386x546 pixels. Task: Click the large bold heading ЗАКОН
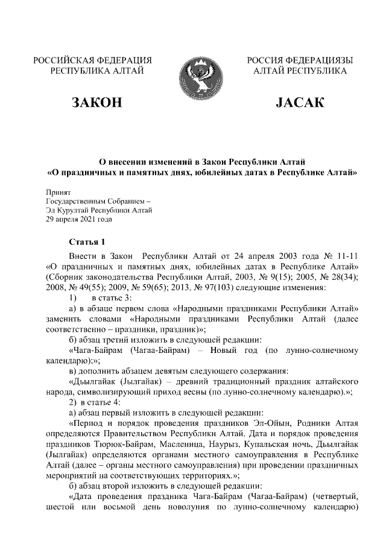coord(96,102)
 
